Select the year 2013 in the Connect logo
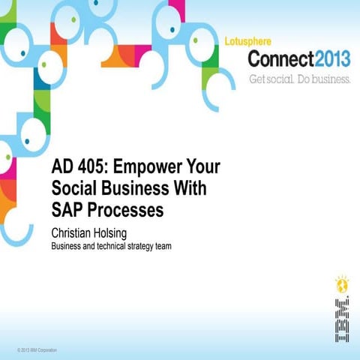(327, 58)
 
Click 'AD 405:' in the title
(77, 166)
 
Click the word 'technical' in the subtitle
(106, 244)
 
